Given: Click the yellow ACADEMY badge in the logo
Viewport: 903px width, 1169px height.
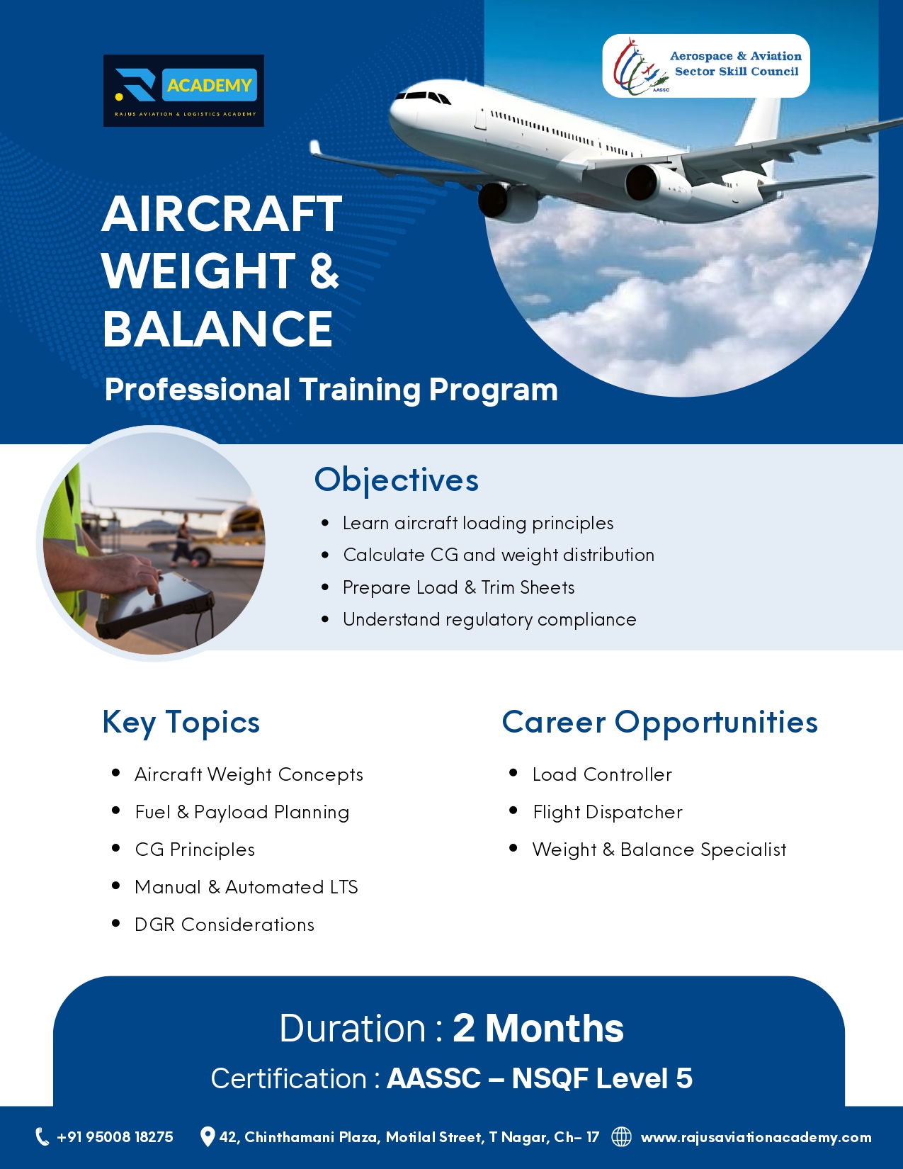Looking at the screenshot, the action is [x=209, y=85].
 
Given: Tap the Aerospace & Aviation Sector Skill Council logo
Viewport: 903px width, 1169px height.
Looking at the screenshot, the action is [x=705, y=66].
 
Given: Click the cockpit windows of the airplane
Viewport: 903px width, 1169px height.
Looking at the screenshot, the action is [x=423, y=97].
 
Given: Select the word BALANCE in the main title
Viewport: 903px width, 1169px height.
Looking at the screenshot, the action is [x=218, y=329].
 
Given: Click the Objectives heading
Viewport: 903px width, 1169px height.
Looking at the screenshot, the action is [x=397, y=480].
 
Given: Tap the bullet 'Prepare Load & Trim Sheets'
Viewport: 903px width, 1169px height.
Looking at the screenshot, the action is [x=458, y=587].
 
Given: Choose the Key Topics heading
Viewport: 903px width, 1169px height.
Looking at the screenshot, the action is [x=181, y=723].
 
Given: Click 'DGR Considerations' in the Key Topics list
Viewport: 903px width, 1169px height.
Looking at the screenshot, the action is [x=225, y=925].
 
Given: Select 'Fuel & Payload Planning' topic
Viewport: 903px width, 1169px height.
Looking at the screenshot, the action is [x=242, y=812].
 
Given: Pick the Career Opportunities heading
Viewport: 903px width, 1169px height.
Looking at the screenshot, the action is [x=659, y=723].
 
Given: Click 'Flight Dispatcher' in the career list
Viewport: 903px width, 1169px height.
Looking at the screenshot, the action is [x=607, y=812].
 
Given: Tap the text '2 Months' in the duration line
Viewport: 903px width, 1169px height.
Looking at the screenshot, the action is [x=538, y=1028].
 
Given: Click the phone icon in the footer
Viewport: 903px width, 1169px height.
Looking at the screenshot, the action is [x=42, y=1136].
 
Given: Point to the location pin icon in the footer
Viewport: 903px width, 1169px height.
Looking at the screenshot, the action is [x=207, y=1136].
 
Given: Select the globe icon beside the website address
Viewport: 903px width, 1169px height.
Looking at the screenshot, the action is [x=622, y=1136].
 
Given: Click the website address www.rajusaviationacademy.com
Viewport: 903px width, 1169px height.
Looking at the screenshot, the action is [x=756, y=1137].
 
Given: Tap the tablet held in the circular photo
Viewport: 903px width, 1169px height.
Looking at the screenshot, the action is [x=156, y=602].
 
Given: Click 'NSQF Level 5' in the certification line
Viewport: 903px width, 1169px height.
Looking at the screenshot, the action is [x=602, y=1078].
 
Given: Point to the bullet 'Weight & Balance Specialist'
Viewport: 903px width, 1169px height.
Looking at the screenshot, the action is [x=659, y=849].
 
